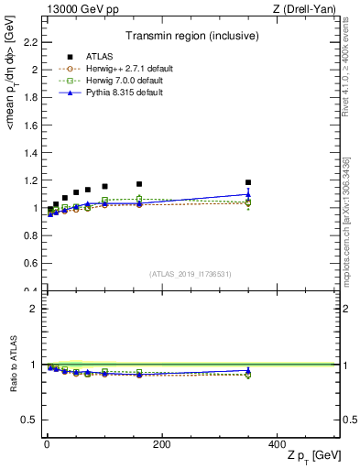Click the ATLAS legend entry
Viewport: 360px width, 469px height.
pos(93,56)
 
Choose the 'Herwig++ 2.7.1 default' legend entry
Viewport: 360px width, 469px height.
pos(122,69)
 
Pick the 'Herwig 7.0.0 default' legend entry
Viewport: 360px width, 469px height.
pos(119,81)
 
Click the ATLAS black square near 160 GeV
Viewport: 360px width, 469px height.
pos(139,184)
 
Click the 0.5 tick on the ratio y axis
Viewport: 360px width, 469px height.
pos(31,420)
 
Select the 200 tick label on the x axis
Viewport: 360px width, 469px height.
pos(161,444)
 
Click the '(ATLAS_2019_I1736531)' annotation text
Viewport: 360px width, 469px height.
pos(191,273)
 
